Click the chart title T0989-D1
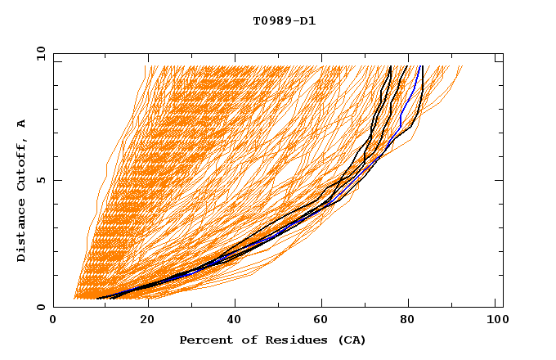(x=284, y=21)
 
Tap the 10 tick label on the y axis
(x=38, y=53)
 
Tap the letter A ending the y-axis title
(x=22, y=123)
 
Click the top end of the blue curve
(x=419, y=66)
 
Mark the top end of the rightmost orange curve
(x=462, y=66)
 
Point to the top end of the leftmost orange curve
(x=146, y=66)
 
